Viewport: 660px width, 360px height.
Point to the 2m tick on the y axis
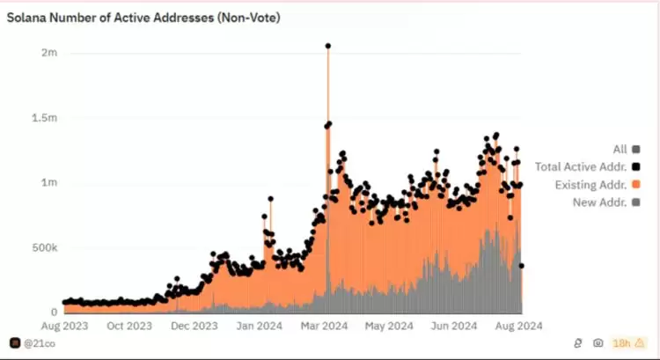(x=50, y=53)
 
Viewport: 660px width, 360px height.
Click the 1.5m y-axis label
(x=46, y=118)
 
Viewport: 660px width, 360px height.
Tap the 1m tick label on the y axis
(x=50, y=183)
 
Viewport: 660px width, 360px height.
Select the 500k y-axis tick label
(x=46, y=247)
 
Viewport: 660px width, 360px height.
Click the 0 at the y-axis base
(x=55, y=312)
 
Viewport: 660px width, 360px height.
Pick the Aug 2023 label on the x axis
(x=62, y=326)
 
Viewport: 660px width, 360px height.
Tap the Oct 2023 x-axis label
(x=128, y=326)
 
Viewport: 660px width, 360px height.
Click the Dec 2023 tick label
(x=194, y=326)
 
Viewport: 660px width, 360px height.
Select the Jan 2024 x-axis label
(x=260, y=326)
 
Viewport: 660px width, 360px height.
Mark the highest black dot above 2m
(x=328, y=46)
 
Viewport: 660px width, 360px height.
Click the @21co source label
(x=33, y=342)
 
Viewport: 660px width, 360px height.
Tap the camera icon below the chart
(x=598, y=342)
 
